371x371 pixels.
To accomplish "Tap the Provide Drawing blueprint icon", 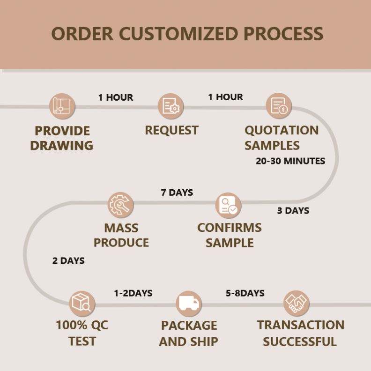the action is [x=62, y=106].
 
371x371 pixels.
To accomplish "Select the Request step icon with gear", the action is [x=171, y=106].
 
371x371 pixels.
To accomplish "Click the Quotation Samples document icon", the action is [x=279, y=106].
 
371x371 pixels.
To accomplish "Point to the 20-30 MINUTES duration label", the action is [x=290, y=161].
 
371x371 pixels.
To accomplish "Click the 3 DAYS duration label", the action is [x=293, y=211].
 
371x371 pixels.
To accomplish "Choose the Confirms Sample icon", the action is [x=228, y=205].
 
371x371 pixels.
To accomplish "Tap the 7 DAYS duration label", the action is [x=177, y=193].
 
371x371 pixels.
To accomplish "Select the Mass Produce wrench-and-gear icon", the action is [x=121, y=205].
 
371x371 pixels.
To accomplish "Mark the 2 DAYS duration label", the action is [x=68, y=261].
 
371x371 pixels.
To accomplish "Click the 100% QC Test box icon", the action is [x=82, y=304].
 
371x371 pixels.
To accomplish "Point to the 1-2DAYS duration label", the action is [x=133, y=293].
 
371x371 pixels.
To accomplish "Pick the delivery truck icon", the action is [x=189, y=304].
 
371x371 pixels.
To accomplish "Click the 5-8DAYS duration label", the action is [x=245, y=293].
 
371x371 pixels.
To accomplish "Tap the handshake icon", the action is [x=296, y=304].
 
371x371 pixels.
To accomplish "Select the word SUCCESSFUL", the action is [x=300, y=341].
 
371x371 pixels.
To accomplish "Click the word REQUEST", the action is [x=171, y=130].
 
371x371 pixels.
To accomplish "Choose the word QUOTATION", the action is [x=282, y=130].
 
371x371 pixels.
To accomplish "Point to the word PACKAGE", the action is [x=189, y=326].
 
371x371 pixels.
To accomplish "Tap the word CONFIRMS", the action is [x=229, y=228].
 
